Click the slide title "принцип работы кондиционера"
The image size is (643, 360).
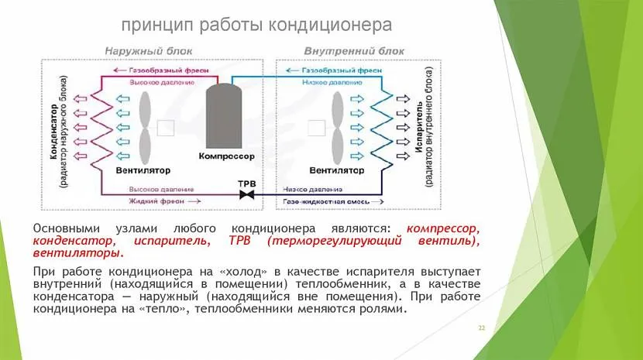(256, 25)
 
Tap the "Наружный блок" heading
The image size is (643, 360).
(138, 51)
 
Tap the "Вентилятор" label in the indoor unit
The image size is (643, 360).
(336, 170)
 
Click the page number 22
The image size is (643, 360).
(481, 328)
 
